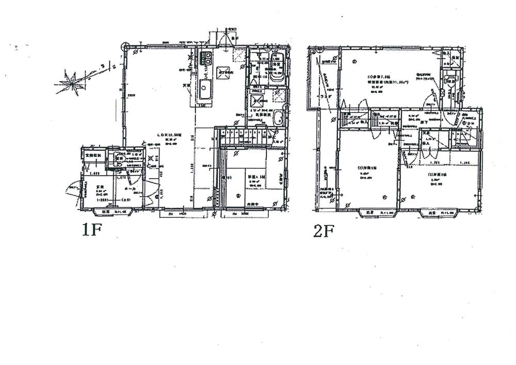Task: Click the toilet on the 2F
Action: pyautogui.click(x=450, y=81)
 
